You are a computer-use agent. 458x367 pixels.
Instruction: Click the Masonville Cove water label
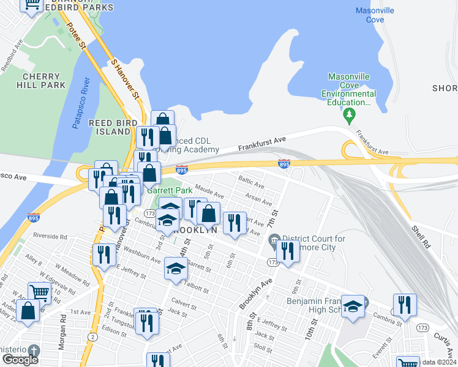(x=370, y=15)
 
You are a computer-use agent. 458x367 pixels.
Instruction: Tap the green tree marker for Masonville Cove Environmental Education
(x=350, y=114)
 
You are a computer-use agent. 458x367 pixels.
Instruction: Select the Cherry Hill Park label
(x=43, y=81)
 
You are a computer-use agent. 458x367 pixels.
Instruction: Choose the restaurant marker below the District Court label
(x=287, y=250)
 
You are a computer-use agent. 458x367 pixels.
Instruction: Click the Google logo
(x=20, y=360)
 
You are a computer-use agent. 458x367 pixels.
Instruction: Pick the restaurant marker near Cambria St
(x=405, y=304)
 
